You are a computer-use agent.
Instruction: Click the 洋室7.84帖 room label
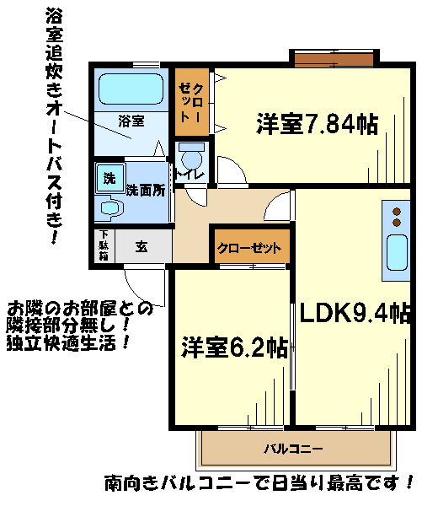click(x=317, y=125)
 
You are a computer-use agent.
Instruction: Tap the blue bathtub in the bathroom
click(x=130, y=89)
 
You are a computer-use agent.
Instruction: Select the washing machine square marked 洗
click(x=110, y=178)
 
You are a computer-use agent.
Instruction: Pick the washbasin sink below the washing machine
click(x=109, y=207)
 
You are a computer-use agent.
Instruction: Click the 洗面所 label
click(x=145, y=190)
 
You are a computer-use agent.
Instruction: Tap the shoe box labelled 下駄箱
click(x=103, y=246)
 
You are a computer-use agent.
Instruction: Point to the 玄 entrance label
click(x=142, y=247)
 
